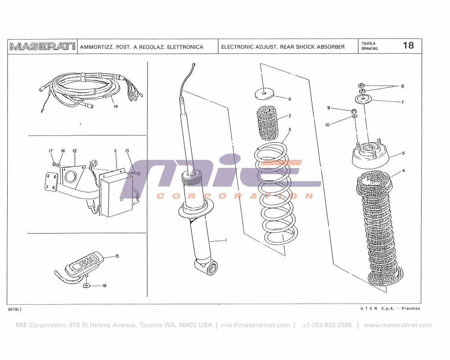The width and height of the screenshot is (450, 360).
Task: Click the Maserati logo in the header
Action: click(42, 47)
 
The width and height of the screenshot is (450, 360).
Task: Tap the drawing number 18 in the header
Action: click(408, 45)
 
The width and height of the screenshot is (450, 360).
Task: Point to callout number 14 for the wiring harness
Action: click(116, 107)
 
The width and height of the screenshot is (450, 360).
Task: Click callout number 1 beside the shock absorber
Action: click(226, 240)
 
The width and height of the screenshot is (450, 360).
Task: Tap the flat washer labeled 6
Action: click(264, 94)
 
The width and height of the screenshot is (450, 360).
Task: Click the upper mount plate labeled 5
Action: click(369, 155)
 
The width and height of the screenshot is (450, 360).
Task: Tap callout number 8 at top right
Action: click(403, 86)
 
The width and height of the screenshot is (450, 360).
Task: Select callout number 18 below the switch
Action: click(104, 286)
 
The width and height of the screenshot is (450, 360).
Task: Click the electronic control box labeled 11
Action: click(116, 193)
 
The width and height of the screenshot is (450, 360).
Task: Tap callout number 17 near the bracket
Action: click(50, 151)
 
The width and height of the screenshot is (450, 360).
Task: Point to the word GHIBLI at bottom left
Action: click(15, 310)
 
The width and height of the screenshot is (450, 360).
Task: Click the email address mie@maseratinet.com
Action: click(255, 325)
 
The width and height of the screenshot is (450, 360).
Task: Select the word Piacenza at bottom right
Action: click(410, 308)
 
